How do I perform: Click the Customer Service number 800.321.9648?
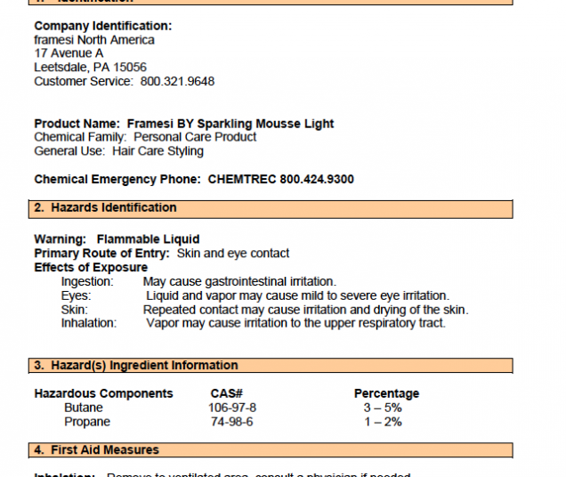177,81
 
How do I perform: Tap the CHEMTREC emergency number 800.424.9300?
316,179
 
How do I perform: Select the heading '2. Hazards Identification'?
105,208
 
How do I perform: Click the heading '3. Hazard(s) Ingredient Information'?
135,366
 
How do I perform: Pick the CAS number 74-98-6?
231,422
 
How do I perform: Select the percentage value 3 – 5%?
382,408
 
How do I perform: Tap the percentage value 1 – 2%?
382,422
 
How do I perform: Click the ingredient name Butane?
84,408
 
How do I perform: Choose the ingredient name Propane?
87,422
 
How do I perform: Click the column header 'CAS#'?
227,393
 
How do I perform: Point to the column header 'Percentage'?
386,393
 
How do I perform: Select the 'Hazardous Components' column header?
103,393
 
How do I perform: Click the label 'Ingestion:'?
87,282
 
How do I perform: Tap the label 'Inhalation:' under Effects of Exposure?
89,323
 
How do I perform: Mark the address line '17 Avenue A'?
69,53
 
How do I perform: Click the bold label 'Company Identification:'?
103,26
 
